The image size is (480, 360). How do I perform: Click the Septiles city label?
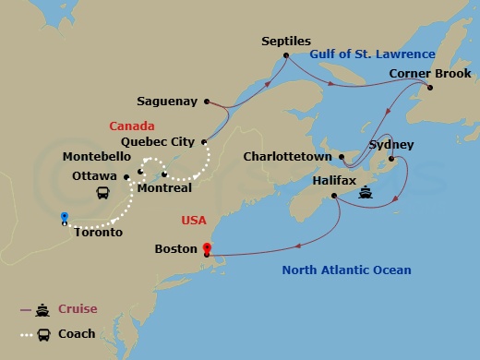tap(286, 42)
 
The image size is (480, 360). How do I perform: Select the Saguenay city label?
tap(168, 102)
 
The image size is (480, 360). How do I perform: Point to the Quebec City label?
tap(158, 142)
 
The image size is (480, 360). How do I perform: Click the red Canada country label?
tap(131, 126)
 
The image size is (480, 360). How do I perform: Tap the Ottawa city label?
tap(94, 175)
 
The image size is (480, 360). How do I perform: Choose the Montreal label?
tap(164, 188)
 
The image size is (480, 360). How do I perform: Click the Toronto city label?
tap(99, 233)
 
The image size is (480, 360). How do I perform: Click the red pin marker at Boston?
tap(207, 247)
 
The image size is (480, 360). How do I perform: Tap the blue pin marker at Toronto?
tap(64, 219)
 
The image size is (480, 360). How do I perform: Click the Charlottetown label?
tap(289, 157)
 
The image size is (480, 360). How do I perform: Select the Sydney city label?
tap(391, 145)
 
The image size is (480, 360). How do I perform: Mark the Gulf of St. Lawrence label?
tap(372, 54)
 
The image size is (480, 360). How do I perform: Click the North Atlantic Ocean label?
tap(347, 270)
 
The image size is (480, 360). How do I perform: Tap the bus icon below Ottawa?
tap(105, 194)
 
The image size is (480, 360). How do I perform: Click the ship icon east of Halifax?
tap(366, 194)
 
